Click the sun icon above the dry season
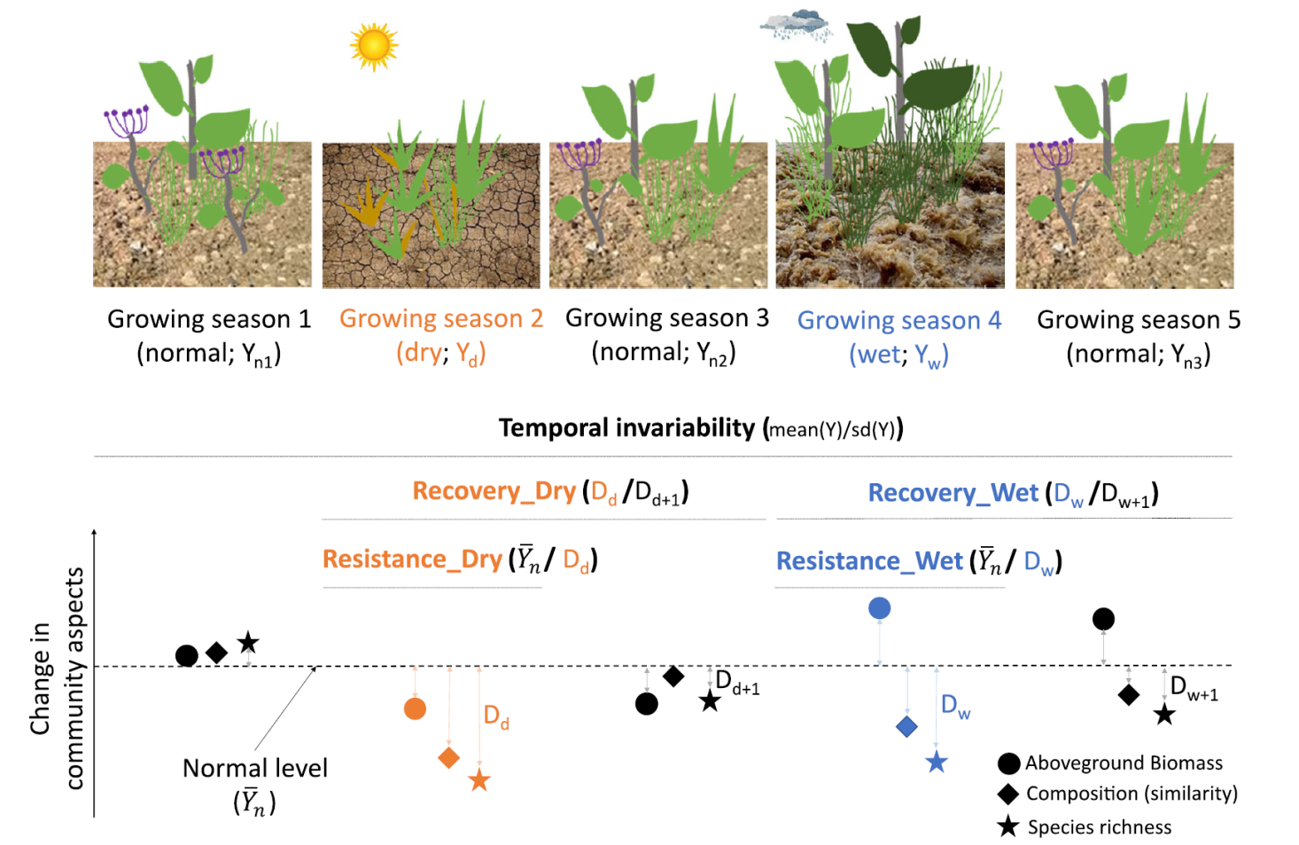(x=373, y=45)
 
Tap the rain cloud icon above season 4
(x=797, y=26)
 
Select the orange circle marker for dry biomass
(x=415, y=708)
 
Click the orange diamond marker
(x=449, y=757)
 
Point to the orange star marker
(x=479, y=780)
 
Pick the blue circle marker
(x=879, y=608)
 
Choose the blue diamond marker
(x=906, y=727)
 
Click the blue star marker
(x=937, y=762)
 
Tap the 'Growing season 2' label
(x=440, y=318)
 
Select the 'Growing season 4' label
(x=898, y=320)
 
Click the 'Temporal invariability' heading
(x=627, y=428)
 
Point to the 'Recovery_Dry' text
(x=494, y=491)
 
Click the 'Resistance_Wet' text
(x=868, y=561)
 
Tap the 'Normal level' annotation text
(x=254, y=768)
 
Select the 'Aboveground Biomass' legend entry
(x=1123, y=763)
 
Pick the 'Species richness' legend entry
(x=1099, y=827)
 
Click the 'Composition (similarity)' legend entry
(x=1131, y=794)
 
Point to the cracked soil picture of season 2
(x=431, y=215)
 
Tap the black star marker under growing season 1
(x=248, y=643)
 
